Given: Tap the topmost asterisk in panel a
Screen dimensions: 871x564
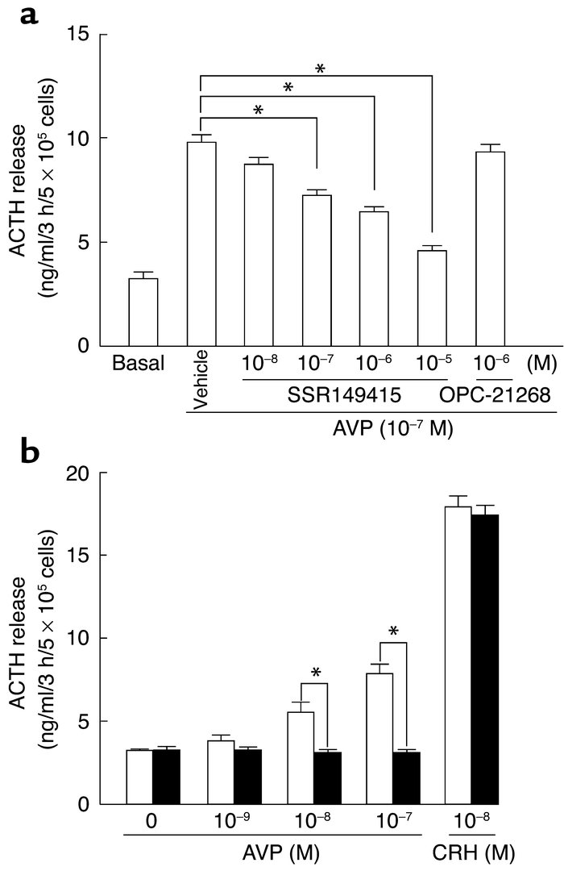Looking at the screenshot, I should (x=320, y=69).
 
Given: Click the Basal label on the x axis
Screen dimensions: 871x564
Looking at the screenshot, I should (x=143, y=364).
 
